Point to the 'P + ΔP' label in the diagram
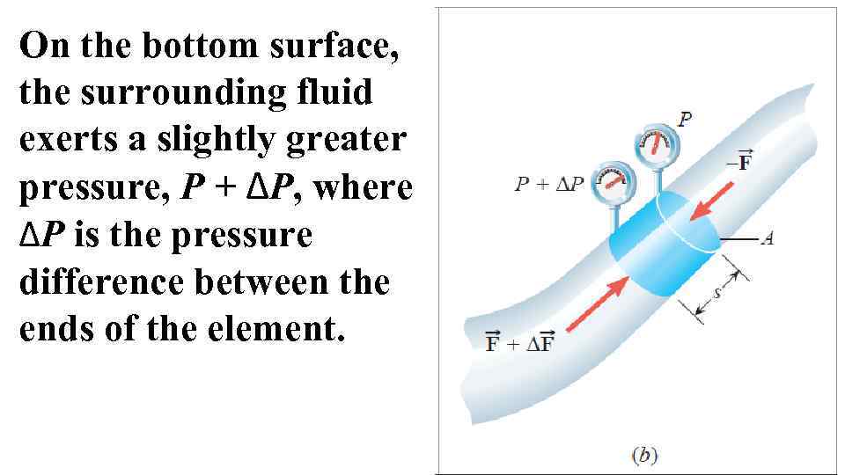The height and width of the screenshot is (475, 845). point(549,186)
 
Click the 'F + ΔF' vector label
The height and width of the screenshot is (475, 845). point(519,341)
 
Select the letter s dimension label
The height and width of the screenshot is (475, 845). point(717,291)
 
